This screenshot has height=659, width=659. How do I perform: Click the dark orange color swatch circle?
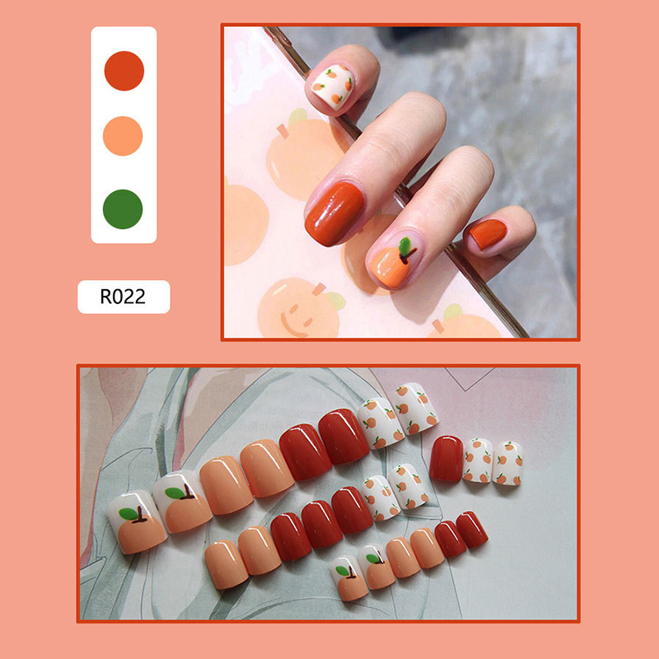[x=124, y=71]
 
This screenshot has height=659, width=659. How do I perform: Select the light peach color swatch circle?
[x=123, y=136]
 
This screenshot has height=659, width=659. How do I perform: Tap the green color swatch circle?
[x=123, y=209]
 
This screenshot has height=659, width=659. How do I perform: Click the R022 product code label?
[x=124, y=297]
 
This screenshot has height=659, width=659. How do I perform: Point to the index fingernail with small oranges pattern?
[x=333, y=86]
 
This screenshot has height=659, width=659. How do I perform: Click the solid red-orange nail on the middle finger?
[x=335, y=213]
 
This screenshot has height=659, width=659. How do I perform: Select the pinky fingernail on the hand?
[x=488, y=234]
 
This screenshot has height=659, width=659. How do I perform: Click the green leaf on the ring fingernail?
[x=404, y=246]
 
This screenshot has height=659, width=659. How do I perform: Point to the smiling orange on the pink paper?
[x=298, y=308]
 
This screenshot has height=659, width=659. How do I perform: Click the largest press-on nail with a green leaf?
[x=137, y=521]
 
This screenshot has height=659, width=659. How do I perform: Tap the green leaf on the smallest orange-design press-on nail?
[x=343, y=570]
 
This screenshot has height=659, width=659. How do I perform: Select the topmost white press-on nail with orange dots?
[x=416, y=408]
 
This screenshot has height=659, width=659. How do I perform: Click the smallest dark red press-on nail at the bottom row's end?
[x=471, y=529]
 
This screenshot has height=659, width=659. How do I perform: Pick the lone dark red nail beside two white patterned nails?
[x=446, y=459]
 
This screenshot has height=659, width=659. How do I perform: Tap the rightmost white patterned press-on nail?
[x=507, y=463]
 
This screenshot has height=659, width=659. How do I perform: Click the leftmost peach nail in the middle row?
[x=227, y=564]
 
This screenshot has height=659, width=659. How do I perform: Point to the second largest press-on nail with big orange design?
[x=182, y=502]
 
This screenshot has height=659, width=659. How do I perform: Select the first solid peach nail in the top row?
[x=226, y=485]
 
